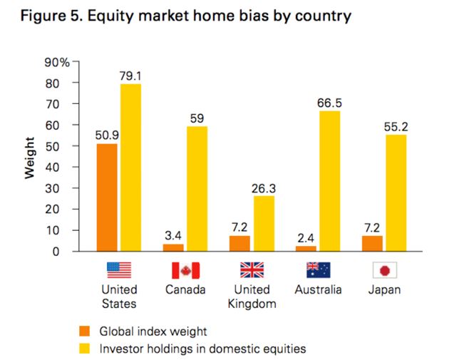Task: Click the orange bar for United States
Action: (x=107, y=197)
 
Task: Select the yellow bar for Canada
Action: (x=197, y=189)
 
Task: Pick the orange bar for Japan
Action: (x=371, y=243)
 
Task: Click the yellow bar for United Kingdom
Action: (x=263, y=223)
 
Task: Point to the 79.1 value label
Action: (x=130, y=75)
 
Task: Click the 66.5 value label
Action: (x=329, y=103)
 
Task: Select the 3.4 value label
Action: (x=173, y=234)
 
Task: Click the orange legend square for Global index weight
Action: (x=85, y=331)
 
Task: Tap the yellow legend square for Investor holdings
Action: (x=85, y=349)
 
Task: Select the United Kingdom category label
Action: (x=252, y=297)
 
